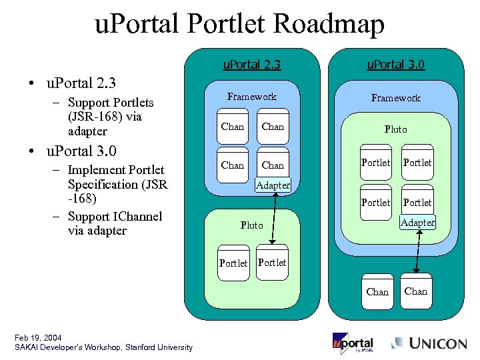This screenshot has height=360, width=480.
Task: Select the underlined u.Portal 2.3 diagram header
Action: coord(251,65)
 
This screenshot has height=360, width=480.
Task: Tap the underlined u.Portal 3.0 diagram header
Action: coord(396,65)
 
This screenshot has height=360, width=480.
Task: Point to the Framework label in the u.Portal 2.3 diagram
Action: coord(251,97)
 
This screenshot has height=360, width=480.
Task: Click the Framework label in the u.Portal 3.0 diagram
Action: coord(396,98)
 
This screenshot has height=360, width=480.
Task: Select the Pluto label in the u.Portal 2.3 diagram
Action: coord(251,225)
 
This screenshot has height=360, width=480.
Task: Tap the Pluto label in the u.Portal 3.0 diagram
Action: coord(395,129)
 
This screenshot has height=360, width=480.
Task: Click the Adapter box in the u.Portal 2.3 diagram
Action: coord(273,185)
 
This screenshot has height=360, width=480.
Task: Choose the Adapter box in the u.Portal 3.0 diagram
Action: coord(418,222)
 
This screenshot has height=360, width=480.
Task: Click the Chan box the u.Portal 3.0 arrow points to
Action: coord(416,291)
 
